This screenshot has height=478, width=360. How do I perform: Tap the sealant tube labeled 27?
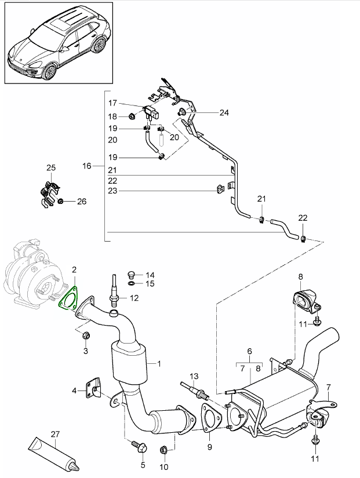pos(52,455)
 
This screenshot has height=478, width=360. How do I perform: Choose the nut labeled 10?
pos(163,449)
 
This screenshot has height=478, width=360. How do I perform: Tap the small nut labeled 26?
pos(61,202)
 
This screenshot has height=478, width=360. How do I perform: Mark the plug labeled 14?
pos(131,275)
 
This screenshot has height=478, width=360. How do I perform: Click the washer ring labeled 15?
pos(131,284)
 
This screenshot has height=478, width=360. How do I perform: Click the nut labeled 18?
pos(133,116)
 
